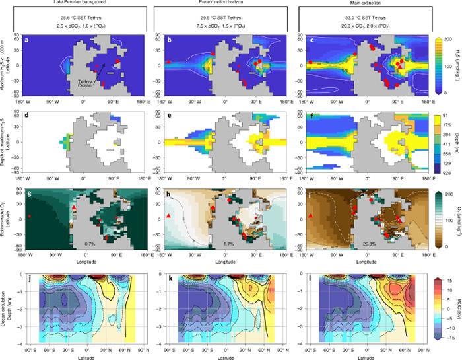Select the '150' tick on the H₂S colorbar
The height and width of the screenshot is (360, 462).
click(445, 52)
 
